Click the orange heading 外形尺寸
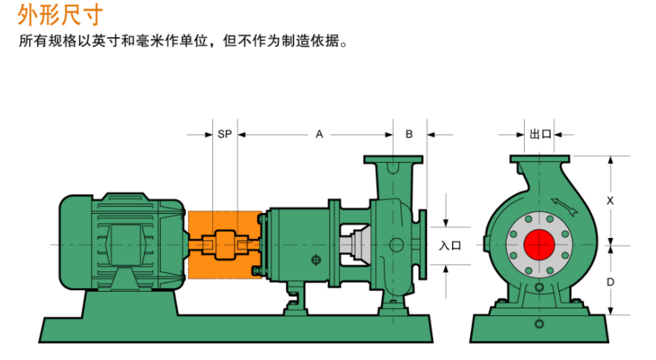coord(58,14)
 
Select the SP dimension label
coord(224,134)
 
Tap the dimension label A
coord(319,134)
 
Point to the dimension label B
coord(409,134)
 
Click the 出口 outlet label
coord(540,134)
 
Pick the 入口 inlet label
coord(450,245)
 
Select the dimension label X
coord(610,201)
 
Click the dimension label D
coord(610,281)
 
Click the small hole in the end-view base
coord(539,325)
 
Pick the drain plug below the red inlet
coord(539,288)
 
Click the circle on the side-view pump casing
coord(397,245)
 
